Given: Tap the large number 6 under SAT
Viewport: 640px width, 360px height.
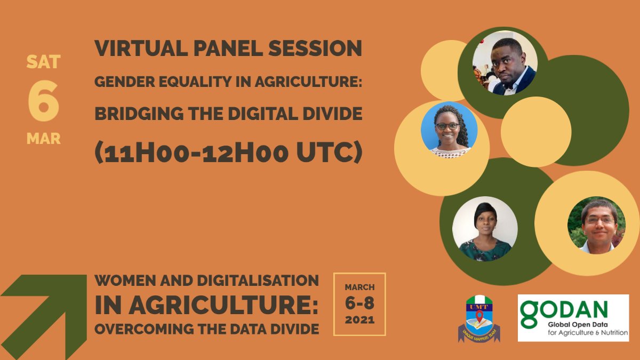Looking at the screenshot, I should pos(43,101).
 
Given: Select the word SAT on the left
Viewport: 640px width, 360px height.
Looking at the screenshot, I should pos(43,62).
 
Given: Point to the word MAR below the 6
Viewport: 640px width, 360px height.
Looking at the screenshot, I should pos(43,139).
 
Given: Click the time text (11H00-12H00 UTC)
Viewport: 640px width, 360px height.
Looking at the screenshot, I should pos(228,153).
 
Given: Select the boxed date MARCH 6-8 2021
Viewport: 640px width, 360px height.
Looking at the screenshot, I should pos(359,304).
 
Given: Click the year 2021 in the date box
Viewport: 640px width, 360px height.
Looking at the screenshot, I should pos(359,321).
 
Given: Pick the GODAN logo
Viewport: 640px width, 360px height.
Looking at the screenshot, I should pos(573,317).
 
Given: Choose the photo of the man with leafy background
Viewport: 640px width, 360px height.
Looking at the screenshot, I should pos(596,225).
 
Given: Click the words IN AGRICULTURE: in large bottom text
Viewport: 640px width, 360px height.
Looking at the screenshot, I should pos(206,305).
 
